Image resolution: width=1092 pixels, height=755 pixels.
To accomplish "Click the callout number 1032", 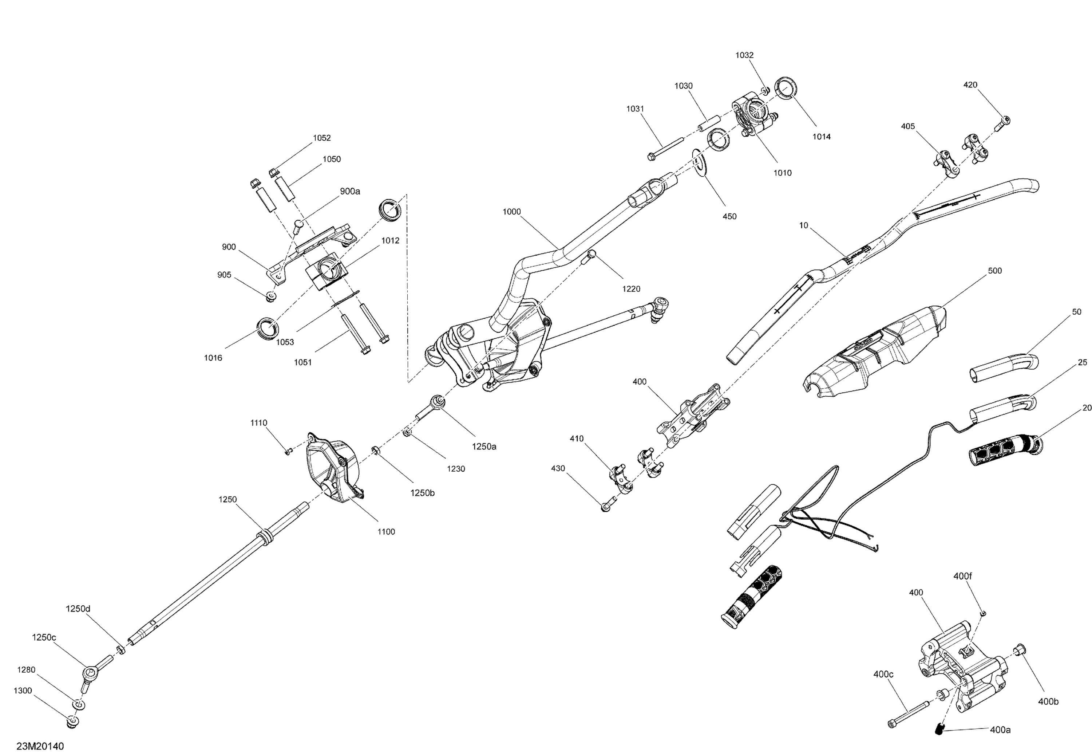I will [x=744, y=55].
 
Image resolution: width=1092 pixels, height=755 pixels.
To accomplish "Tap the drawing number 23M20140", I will [x=40, y=746].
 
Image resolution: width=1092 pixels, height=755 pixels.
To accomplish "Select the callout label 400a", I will [x=1000, y=730].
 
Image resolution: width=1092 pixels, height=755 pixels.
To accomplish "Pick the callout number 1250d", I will [x=78, y=609].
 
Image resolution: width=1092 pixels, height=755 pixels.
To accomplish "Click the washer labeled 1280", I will [x=79, y=705].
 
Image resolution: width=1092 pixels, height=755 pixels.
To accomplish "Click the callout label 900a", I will [x=350, y=191].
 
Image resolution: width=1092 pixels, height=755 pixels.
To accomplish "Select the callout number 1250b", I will [x=422, y=493].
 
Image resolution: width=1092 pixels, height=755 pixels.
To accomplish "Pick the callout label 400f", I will [x=962, y=576].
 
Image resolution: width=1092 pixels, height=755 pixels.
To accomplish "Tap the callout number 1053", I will [x=285, y=342].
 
